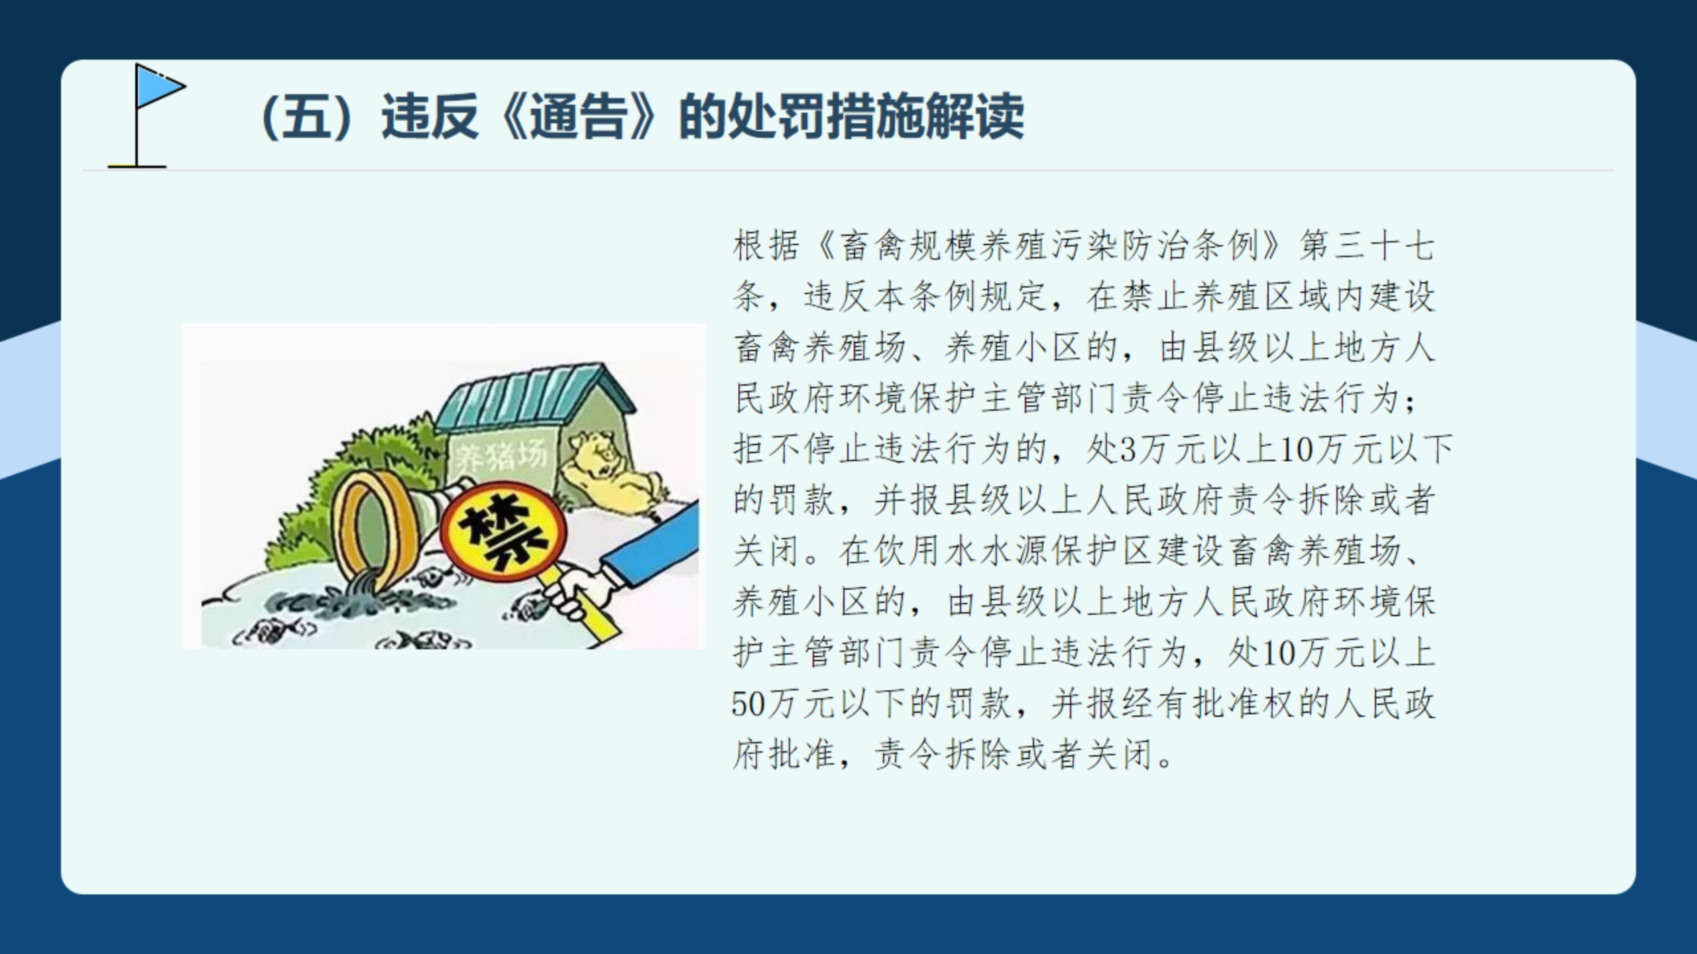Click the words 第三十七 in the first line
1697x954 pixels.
[x=1367, y=246]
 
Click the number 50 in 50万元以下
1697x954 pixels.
[x=748, y=704]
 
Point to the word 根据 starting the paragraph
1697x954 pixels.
[x=766, y=246]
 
